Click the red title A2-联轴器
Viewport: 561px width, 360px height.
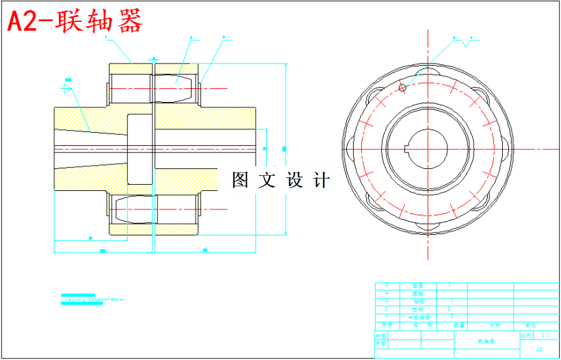(x=75, y=21)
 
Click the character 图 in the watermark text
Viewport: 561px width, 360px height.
(x=240, y=181)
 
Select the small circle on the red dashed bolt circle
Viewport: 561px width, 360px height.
(x=402, y=88)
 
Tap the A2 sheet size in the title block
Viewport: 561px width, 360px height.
(x=539, y=349)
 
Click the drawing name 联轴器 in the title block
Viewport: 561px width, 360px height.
(x=487, y=340)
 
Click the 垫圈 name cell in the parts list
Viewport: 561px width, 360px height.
(x=418, y=285)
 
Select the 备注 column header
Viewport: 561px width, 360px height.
(x=532, y=326)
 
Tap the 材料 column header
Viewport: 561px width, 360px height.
(x=494, y=326)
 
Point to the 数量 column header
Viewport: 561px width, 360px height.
(x=458, y=326)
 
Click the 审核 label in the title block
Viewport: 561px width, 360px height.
(x=381, y=344)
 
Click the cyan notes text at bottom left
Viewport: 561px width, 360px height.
(x=92, y=300)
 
